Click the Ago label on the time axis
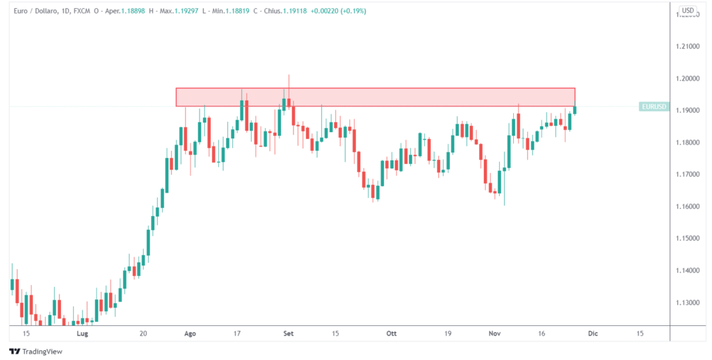[x=191, y=334]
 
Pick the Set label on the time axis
[x=289, y=334]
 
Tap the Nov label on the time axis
[x=494, y=334]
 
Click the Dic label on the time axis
[x=592, y=334]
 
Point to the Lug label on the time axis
[x=83, y=334]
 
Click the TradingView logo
[x=35, y=351]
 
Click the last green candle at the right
[x=575, y=109]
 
